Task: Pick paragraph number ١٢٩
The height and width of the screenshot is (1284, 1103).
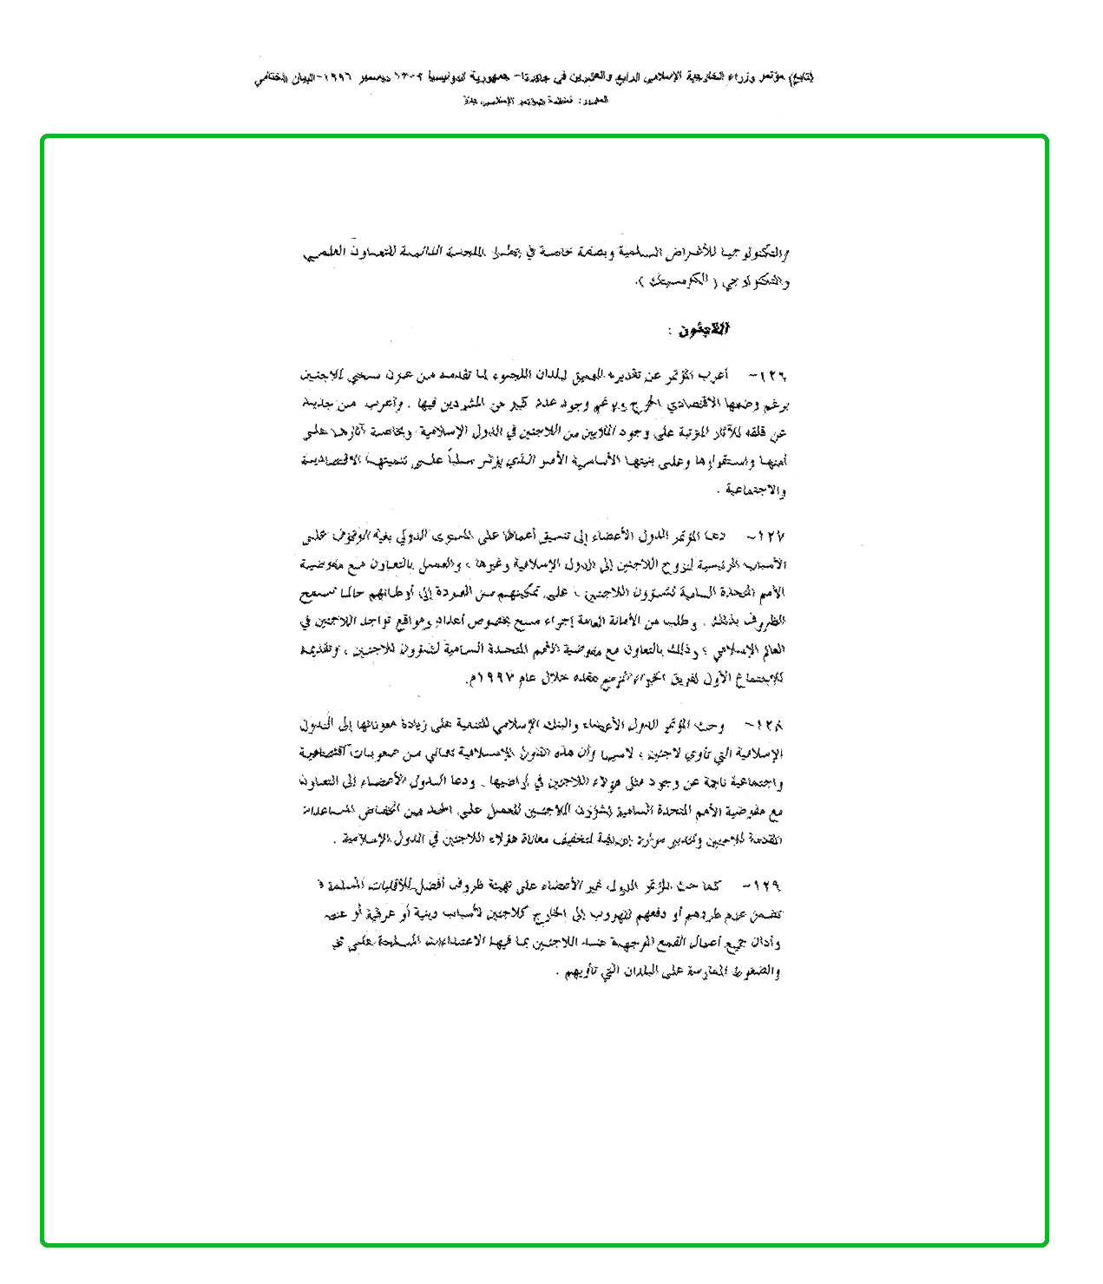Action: click(768, 886)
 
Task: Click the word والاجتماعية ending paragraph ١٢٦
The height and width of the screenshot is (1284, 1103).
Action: click(757, 491)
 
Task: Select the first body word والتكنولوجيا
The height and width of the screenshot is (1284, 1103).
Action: click(755, 254)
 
